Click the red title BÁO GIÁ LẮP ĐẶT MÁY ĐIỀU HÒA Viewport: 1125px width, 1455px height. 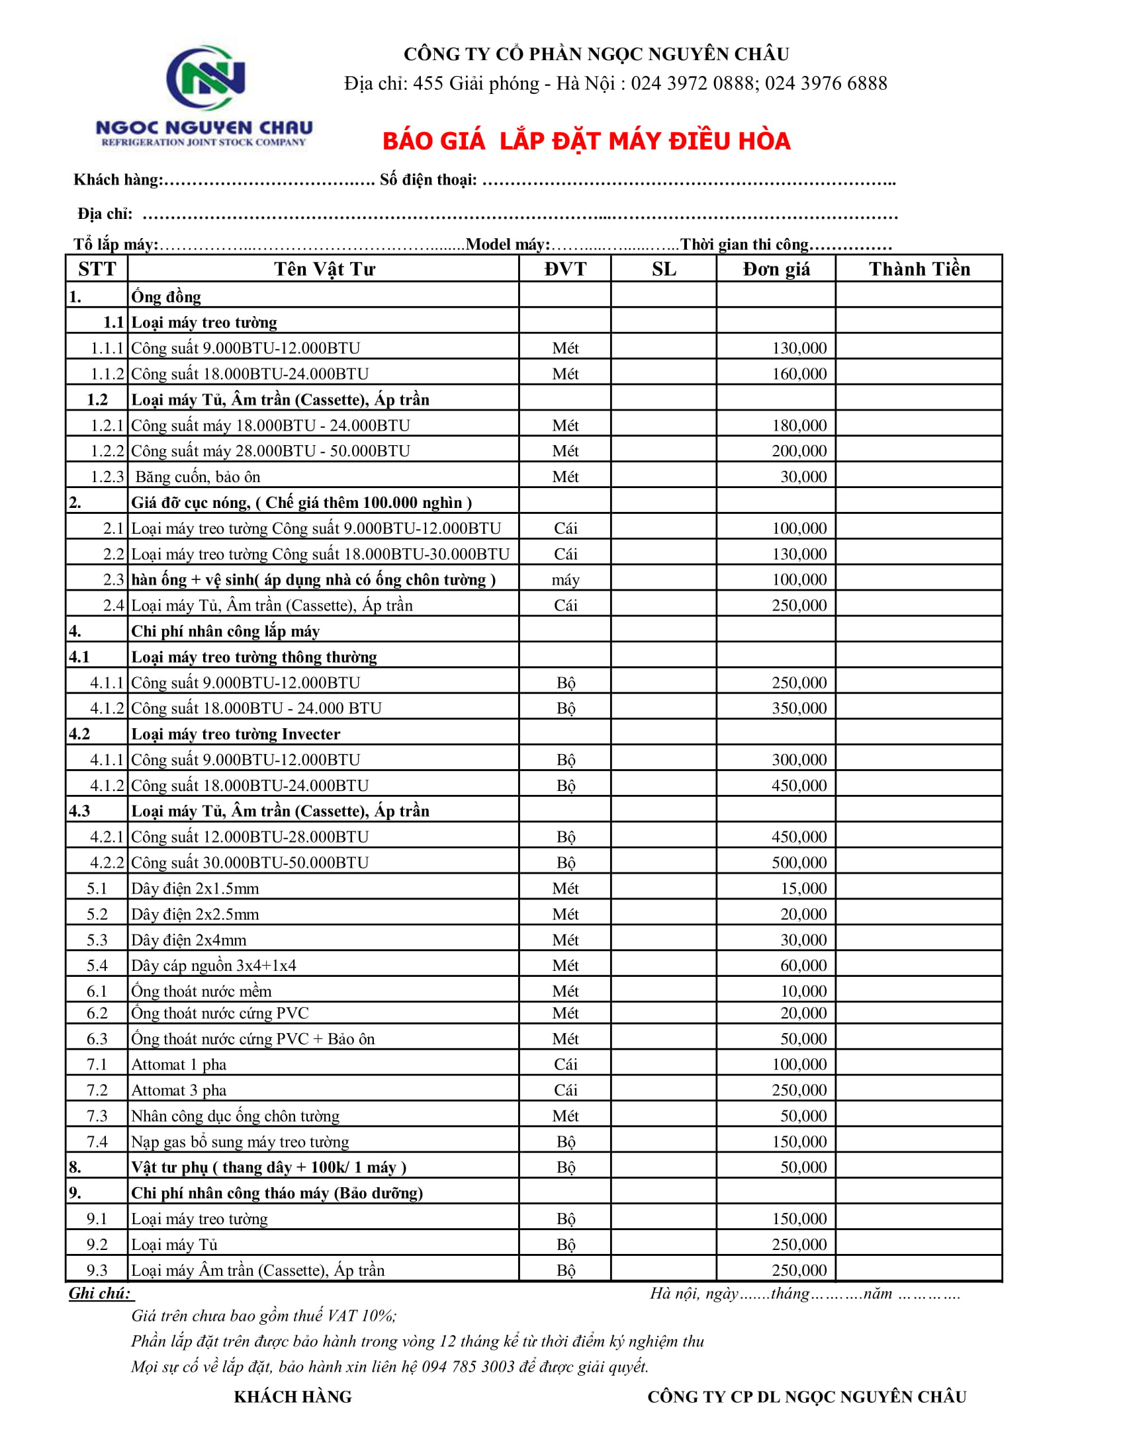(586, 142)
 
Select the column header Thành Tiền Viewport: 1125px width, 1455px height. (919, 269)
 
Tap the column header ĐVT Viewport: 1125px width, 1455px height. (564, 269)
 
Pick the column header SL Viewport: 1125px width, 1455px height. (663, 269)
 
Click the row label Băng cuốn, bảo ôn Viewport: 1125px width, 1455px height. (197, 477)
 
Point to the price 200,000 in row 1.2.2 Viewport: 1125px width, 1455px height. (799, 451)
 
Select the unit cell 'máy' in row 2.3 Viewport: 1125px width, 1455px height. (564, 580)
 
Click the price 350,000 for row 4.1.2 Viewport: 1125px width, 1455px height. (799, 708)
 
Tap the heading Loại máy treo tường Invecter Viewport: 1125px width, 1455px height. (236, 734)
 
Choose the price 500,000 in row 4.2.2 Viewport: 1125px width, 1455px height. (799, 862)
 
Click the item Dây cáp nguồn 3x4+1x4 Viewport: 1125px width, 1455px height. (213, 966)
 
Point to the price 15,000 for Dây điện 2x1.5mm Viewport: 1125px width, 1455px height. (803, 889)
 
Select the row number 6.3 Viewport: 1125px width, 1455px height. (97, 1038)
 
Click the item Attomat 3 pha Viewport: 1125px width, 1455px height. (179, 1091)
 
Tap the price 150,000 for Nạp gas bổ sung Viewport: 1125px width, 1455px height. (799, 1142)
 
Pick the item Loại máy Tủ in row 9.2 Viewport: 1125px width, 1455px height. (174, 1245)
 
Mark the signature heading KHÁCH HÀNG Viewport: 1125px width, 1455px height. (292, 1397)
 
